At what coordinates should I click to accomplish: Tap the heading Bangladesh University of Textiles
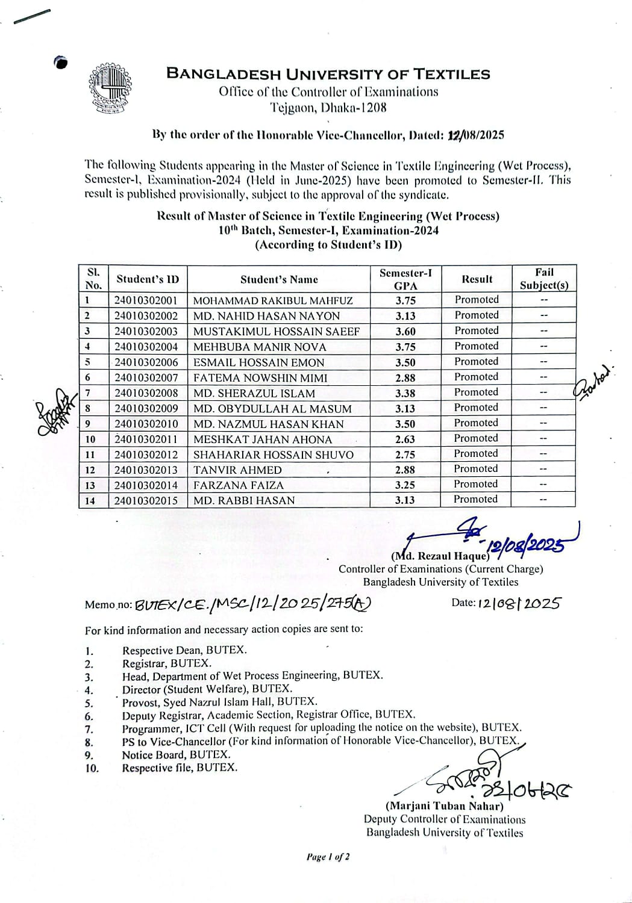tap(328, 75)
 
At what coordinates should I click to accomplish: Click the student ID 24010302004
tap(146, 347)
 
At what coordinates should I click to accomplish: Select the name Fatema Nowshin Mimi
tap(260, 378)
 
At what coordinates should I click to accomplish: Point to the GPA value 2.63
tap(405, 439)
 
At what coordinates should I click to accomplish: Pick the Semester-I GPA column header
tap(405, 279)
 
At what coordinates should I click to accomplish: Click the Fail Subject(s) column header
tap(543, 279)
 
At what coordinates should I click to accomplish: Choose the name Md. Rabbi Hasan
tap(244, 500)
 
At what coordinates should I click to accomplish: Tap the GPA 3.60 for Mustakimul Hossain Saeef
tap(405, 332)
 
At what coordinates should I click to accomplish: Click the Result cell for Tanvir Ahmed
tap(476, 469)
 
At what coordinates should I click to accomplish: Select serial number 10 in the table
tap(90, 439)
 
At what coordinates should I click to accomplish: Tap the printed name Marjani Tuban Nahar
tap(444, 806)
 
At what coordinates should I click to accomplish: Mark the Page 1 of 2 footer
tap(328, 857)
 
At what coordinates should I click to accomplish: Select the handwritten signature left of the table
tap(54, 411)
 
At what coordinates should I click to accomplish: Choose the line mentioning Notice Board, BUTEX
tap(176, 755)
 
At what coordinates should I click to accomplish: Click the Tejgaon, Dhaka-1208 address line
tap(328, 108)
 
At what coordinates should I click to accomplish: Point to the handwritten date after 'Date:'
tap(519, 603)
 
